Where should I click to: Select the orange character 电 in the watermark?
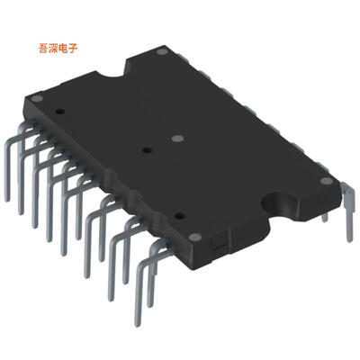tap(67, 47)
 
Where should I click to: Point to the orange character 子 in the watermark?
tap(77, 47)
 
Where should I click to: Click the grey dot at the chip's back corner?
tap(162, 54)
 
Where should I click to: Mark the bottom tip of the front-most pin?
tap(137, 328)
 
